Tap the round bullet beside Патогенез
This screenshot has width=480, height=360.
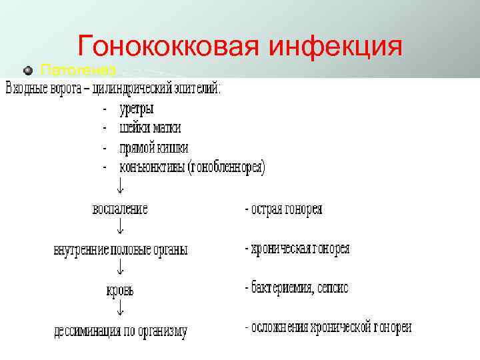coord(28,69)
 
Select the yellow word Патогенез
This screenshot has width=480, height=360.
coord(79,69)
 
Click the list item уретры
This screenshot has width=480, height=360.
coord(137,108)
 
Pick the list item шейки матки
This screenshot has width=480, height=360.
coord(150,127)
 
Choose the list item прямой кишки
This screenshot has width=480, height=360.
coord(153,147)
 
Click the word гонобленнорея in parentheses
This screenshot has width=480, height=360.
coord(226,167)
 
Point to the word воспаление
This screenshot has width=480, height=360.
coord(120,209)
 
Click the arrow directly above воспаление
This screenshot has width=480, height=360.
coord(120,187)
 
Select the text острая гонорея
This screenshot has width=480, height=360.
coord(287,209)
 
